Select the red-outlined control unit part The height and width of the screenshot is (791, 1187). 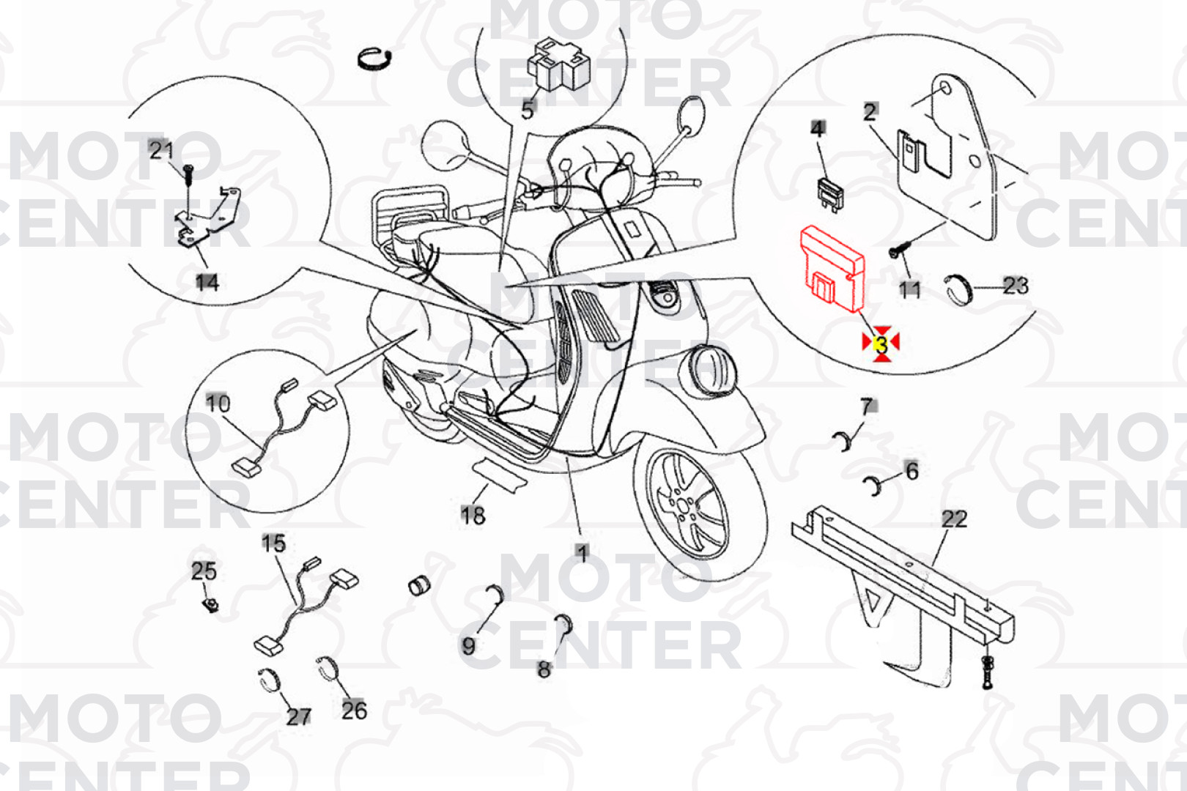[x=832, y=268]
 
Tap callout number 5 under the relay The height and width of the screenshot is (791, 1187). [x=528, y=110]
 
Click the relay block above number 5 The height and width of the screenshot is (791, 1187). [x=558, y=64]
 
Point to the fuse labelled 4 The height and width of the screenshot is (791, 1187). [x=831, y=194]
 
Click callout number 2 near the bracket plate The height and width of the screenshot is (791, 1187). [x=870, y=112]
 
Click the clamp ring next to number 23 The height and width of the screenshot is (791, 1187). [x=958, y=290]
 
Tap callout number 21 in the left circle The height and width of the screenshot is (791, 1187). [x=161, y=151]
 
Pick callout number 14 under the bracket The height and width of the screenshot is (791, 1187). [x=207, y=283]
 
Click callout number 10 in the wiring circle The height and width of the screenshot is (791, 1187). [x=218, y=404]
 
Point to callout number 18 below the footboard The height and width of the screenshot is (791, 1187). [x=473, y=515]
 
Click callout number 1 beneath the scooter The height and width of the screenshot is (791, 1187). [x=583, y=554]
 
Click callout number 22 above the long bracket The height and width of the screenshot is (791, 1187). [x=955, y=519]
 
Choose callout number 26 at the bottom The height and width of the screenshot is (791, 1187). [x=354, y=710]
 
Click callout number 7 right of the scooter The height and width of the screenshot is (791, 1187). [x=867, y=406]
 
